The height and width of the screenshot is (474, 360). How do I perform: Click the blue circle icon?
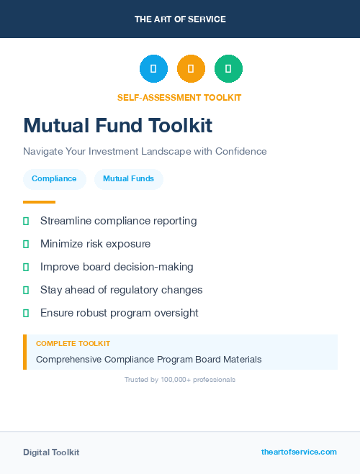153,69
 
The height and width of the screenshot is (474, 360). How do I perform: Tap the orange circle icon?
191,69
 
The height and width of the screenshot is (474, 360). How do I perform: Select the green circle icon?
228,69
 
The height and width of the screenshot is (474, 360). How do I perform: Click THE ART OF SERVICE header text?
180,19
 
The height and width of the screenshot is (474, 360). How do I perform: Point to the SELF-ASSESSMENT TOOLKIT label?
179,97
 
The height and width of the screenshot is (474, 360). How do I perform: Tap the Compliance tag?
54,178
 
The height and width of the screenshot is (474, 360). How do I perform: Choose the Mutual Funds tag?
128,178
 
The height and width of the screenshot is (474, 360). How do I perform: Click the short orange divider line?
39,202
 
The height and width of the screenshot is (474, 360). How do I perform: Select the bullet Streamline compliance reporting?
118,221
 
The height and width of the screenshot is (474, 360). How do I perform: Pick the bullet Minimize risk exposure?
95,244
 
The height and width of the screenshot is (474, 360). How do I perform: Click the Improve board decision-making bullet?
117,267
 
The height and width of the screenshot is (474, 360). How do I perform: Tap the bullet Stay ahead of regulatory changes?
121,290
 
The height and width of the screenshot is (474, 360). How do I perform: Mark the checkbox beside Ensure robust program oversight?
26,313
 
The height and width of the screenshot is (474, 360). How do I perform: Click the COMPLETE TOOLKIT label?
73,344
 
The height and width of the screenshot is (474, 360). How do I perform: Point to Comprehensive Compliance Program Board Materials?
148,359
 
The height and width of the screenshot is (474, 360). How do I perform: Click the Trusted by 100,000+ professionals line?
180,379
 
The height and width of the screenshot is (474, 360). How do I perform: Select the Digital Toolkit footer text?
51,452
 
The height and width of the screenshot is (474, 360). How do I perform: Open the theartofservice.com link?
299,452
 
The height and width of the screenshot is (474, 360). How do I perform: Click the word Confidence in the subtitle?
239,152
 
